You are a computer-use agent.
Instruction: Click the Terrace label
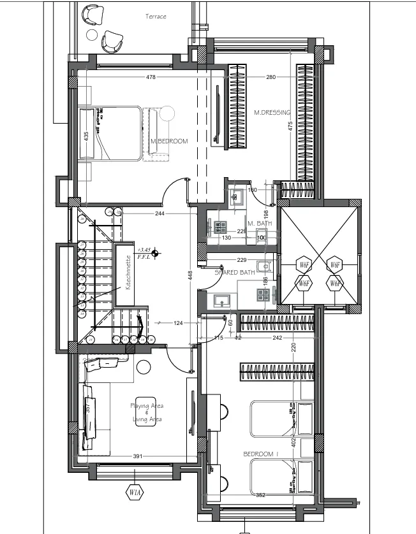point(156,17)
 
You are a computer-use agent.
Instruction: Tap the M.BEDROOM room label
point(169,141)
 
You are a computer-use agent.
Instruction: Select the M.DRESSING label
point(272,113)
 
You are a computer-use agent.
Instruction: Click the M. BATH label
point(260,224)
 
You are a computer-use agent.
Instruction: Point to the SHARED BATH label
point(235,272)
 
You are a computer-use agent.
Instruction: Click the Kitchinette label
point(128,273)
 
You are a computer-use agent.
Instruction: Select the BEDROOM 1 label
point(261,454)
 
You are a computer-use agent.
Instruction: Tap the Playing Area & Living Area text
point(146,412)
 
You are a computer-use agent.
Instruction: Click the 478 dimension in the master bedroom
point(151,78)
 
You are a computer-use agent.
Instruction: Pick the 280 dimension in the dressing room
point(271,78)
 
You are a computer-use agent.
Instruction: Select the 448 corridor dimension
point(189,275)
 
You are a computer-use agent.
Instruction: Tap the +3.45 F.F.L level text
point(146,253)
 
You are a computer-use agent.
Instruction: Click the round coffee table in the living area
point(142,367)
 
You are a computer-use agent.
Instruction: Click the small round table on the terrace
point(93,34)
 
